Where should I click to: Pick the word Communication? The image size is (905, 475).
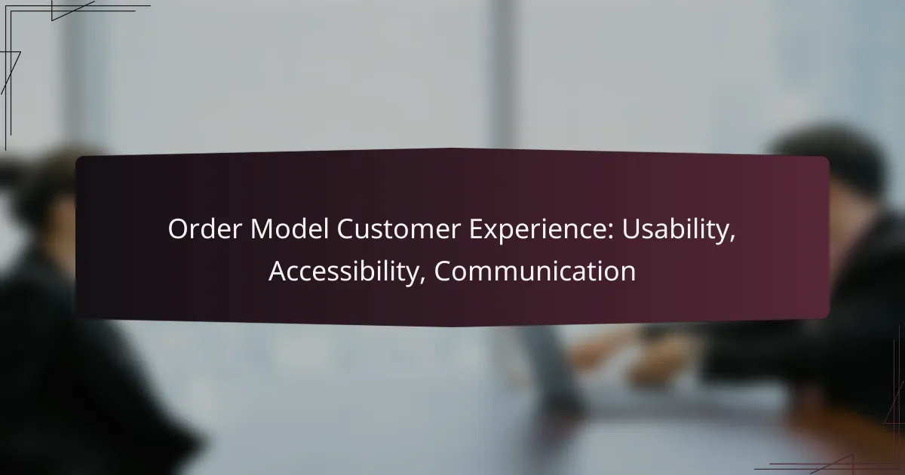point(535,271)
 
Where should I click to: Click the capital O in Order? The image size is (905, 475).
point(177,231)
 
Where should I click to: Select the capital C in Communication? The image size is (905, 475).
point(443,271)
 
